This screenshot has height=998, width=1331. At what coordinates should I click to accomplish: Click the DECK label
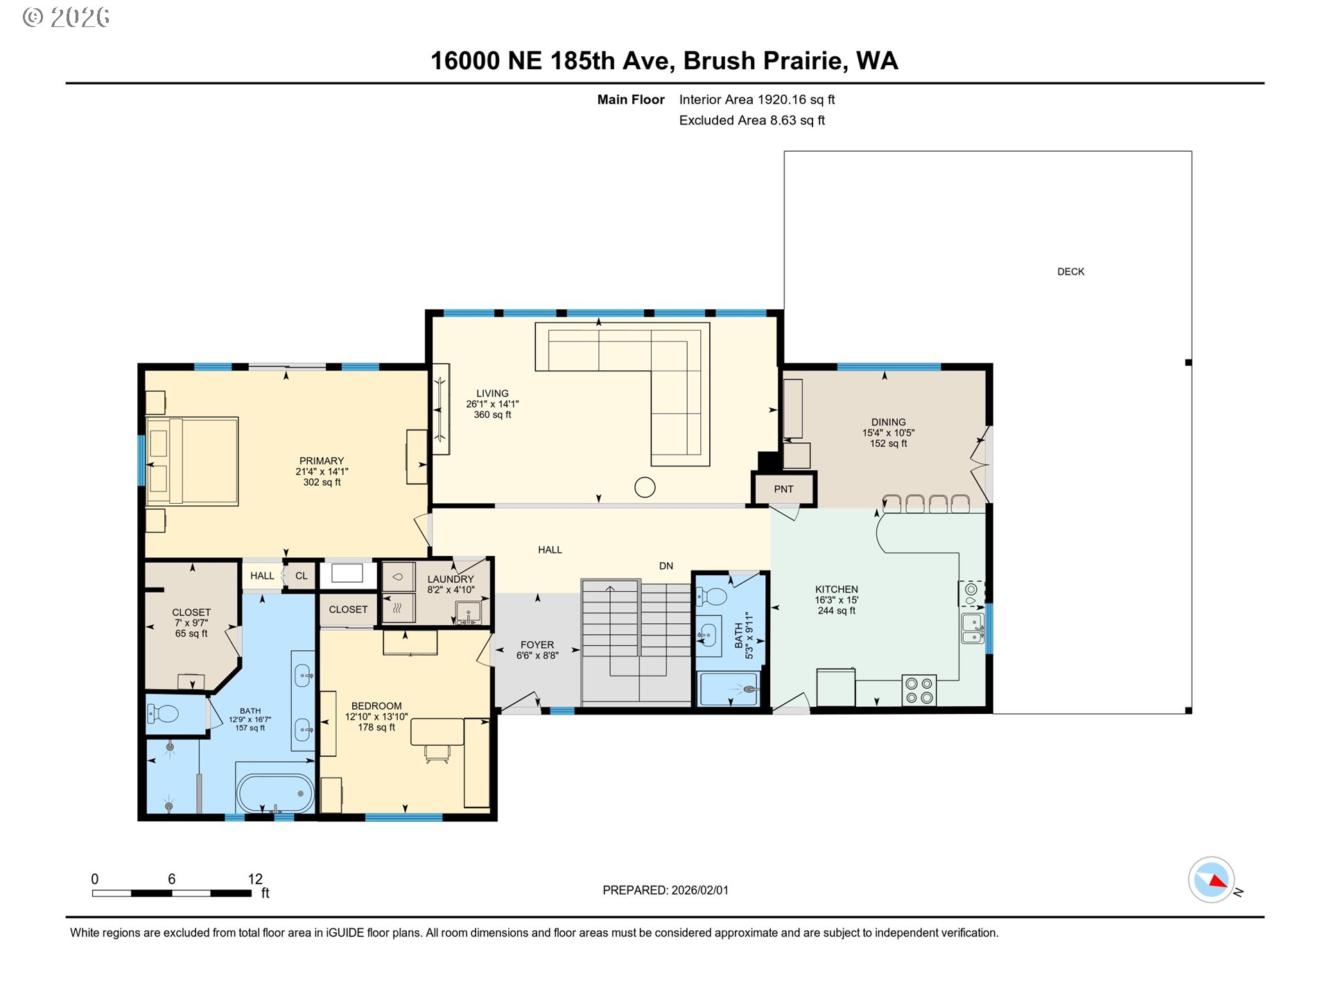coord(1070,272)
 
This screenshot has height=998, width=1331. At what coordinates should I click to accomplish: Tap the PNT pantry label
coord(783,489)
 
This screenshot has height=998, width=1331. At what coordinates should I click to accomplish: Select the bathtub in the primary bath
coord(275,793)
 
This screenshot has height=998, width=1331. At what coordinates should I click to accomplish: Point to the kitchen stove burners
coord(919,690)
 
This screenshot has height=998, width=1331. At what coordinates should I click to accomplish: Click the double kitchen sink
coord(972,628)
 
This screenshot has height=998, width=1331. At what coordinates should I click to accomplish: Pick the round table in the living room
coord(645,488)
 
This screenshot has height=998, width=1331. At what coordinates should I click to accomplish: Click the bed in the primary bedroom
coord(193,461)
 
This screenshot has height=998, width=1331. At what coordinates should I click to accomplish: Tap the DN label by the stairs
coord(665,566)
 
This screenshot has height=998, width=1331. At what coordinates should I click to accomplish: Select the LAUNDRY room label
coord(451,579)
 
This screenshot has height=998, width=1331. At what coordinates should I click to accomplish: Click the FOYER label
coord(537,645)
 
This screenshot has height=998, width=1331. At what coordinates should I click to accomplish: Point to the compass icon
coord(1211,879)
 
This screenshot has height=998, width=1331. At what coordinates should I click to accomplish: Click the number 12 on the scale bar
coord(255,879)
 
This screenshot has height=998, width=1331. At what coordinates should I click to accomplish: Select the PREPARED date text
coord(665,891)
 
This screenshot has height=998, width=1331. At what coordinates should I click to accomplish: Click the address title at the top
coord(664,61)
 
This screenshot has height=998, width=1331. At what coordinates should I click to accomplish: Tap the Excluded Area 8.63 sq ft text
coord(751,121)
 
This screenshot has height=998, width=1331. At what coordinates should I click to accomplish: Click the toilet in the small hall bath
coord(712,596)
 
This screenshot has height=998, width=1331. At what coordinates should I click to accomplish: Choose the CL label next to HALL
coord(302,576)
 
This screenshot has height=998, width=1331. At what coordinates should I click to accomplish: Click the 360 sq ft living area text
coord(492,415)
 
